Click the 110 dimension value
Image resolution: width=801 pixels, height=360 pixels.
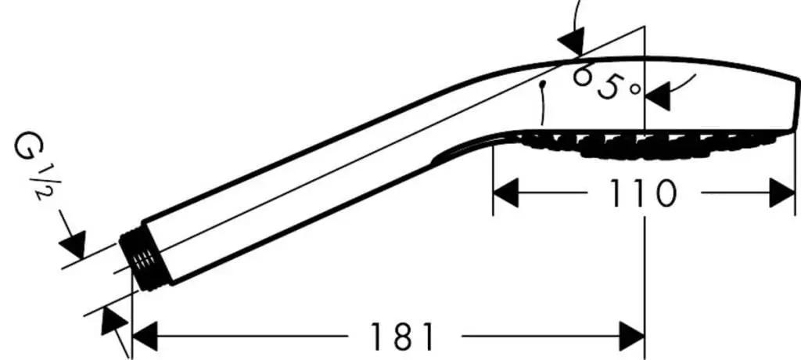(643, 193)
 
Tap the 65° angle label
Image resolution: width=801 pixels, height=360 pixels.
(606, 84)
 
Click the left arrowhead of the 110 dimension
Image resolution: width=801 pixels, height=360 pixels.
(506, 193)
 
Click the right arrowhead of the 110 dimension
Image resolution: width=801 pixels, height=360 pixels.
(782, 193)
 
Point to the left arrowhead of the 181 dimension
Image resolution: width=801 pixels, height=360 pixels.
(145, 337)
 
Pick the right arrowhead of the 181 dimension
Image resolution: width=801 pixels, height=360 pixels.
(632, 337)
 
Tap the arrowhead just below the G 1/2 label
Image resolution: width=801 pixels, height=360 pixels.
(73, 244)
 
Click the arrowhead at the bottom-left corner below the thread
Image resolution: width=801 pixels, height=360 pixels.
(113, 322)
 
